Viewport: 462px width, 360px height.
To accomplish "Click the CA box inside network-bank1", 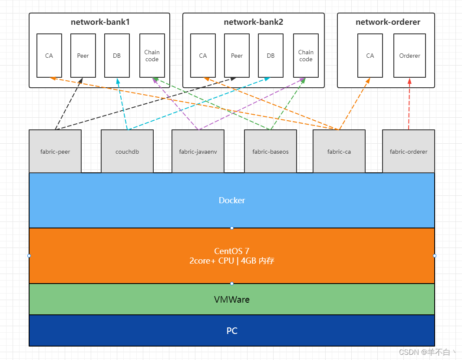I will coord(49,56).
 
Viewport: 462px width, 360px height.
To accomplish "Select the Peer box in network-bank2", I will coord(237,56).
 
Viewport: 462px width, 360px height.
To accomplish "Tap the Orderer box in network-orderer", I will coord(409,56).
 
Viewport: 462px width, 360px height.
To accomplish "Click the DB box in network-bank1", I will coord(117,56).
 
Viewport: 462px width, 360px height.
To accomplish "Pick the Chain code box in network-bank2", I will coord(306,56).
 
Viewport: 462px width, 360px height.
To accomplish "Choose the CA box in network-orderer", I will coord(370,56).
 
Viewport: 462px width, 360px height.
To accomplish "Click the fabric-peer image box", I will coord(55,152).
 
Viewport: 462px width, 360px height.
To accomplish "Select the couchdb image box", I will coord(127,152).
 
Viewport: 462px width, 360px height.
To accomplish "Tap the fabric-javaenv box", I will coord(198,152).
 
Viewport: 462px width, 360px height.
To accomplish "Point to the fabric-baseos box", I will coord(271,152).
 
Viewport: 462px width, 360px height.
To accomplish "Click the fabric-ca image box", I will coord(339,152).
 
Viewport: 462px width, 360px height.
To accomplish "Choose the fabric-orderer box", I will coord(409,152).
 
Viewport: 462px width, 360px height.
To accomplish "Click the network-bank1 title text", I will coord(99,22).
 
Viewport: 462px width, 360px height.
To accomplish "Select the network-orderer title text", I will coord(388,22).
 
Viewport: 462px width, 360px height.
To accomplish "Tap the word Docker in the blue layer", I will coord(232,200).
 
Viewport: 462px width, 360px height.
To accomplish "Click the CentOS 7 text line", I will coord(232,251).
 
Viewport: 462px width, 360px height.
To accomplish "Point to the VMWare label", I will coord(232,299).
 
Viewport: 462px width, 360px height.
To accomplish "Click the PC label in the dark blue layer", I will coord(232,330).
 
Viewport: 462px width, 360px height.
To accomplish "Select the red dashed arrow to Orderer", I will coord(409,104).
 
